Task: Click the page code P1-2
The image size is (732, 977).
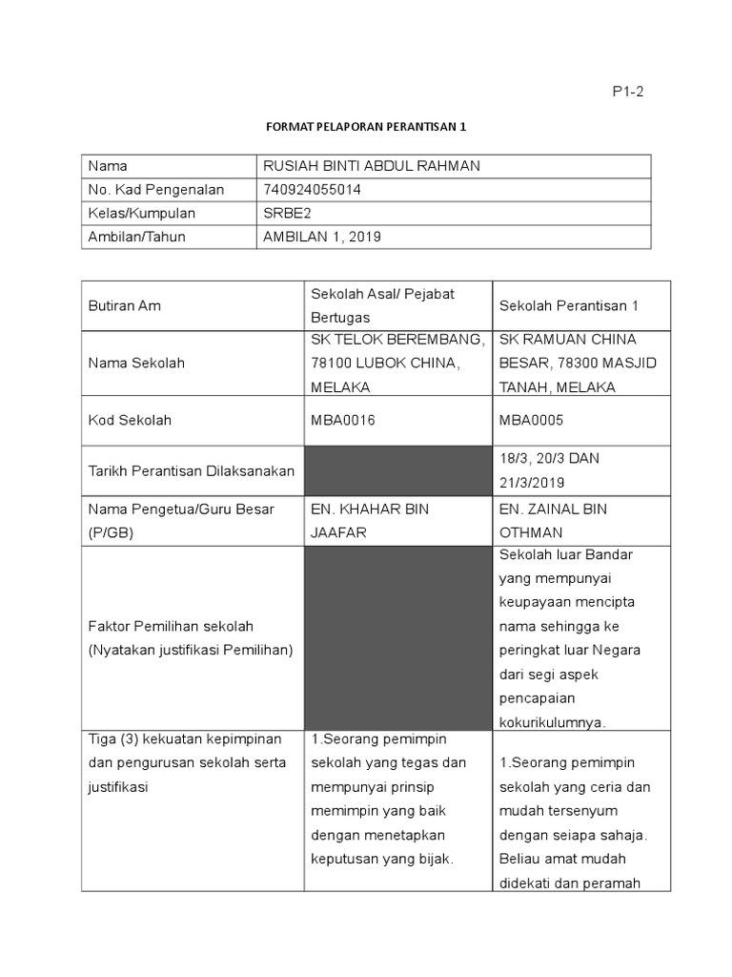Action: pyautogui.click(x=628, y=92)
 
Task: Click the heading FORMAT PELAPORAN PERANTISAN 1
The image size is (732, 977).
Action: pyautogui.click(x=366, y=126)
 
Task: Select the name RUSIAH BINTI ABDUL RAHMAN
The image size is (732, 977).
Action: pyautogui.click(x=372, y=166)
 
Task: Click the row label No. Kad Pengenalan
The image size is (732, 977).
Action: pyautogui.click(x=155, y=190)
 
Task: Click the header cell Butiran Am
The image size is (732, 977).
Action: pyautogui.click(x=124, y=305)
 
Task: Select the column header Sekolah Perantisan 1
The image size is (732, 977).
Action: pyautogui.click(x=569, y=305)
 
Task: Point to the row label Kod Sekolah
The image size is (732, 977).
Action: pyautogui.click(x=130, y=420)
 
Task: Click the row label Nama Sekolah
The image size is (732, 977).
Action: pyautogui.click(x=136, y=363)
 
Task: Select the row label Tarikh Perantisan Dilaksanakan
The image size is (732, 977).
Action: pyautogui.click(x=192, y=470)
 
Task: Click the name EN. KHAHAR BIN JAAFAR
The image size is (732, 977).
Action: pyautogui.click(x=370, y=520)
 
